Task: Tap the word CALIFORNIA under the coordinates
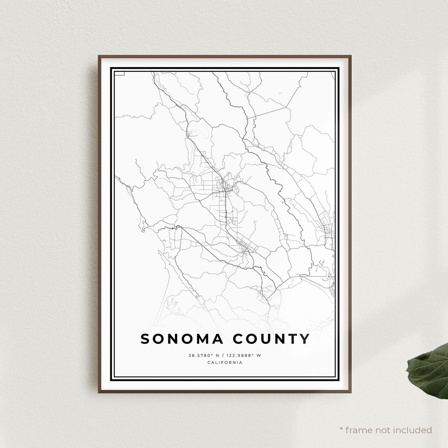coord(225,363)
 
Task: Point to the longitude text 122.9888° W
coord(244,355)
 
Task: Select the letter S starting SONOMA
coord(145,339)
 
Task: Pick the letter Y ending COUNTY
coord(305,339)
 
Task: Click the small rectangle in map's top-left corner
coord(119,73)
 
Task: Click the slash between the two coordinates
coord(223,355)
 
